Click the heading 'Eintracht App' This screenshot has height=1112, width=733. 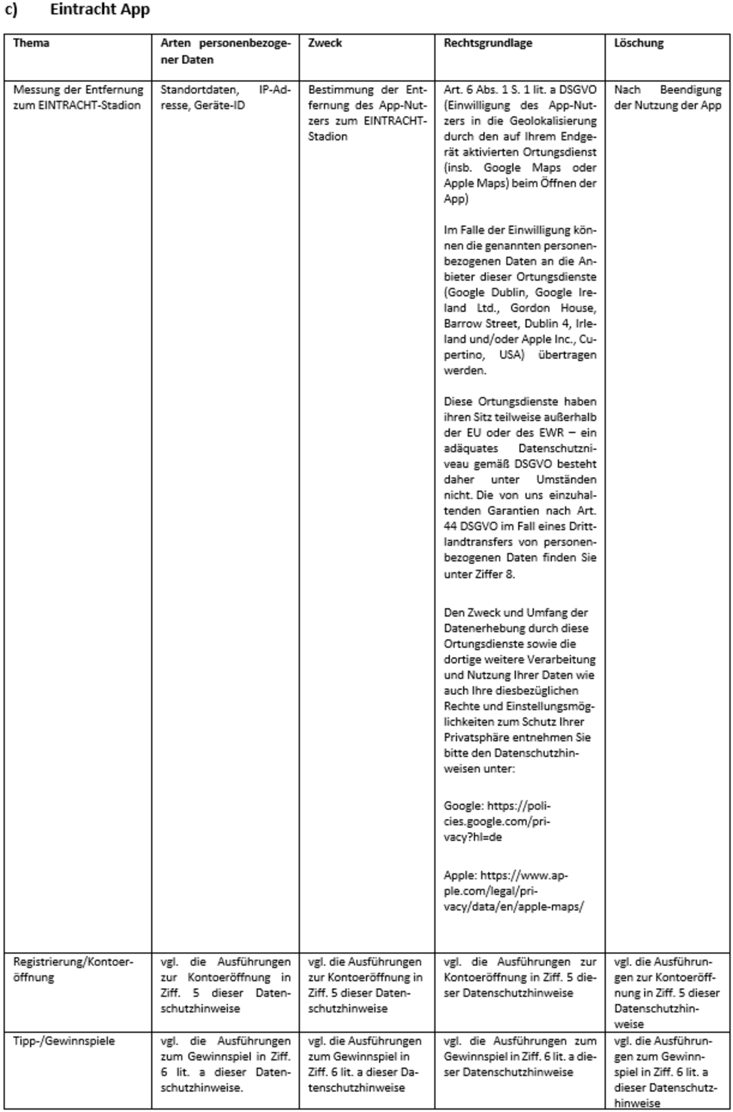point(100,10)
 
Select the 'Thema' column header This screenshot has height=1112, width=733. point(31,43)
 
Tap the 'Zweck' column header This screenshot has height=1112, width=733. point(325,43)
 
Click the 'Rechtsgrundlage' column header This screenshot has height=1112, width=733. point(487,43)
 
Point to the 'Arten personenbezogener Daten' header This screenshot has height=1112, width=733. point(225,51)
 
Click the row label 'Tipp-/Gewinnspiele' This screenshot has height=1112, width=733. point(64,1041)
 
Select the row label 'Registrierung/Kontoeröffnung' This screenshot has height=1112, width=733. point(73,969)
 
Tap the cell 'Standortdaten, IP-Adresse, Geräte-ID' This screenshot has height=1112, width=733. point(225,97)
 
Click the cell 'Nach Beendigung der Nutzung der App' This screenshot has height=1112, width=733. point(667,97)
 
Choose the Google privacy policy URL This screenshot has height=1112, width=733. point(498,821)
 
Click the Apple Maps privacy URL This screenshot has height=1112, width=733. point(513,891)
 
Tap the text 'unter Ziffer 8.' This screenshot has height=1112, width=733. point(479,574)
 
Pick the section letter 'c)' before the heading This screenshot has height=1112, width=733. point(11,10)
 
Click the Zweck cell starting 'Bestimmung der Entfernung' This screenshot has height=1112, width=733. point(366,113)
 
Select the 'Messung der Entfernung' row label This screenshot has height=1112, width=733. point(78,97)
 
